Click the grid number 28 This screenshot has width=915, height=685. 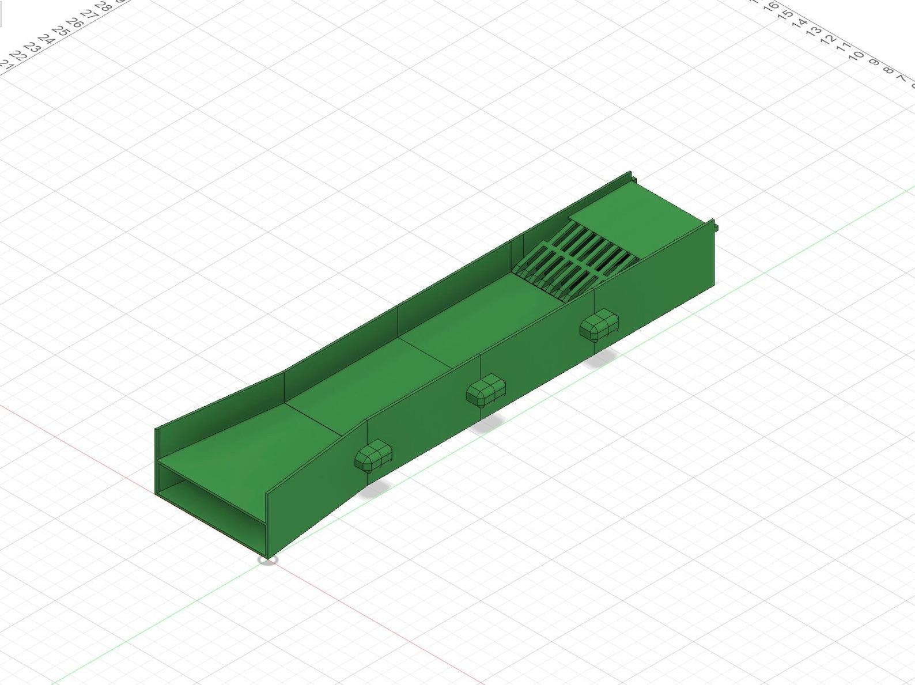[x=104, y=7]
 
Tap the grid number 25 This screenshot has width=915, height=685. [x=60, y=30]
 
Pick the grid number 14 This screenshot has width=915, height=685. [x=799, y=23]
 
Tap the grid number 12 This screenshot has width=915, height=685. [x=828, y=39]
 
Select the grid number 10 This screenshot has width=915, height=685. [x=857, y=55]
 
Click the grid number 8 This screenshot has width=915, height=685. [x=888, y=70]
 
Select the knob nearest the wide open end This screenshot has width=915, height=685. [x=373, y=455]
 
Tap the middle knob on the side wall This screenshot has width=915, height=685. [x=486, y=390]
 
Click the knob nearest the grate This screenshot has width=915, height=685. [x=599, y=325]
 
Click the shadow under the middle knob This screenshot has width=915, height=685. [x=487, y=425]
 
